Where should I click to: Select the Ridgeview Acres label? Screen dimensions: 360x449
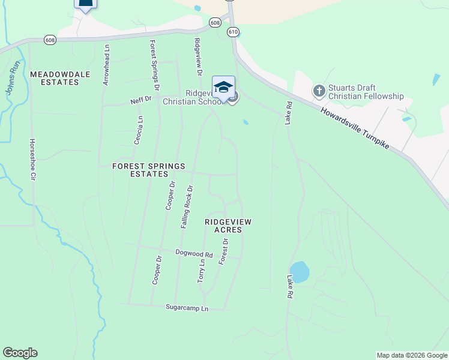click(x=228, y=226)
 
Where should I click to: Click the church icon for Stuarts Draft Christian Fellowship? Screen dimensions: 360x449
click(x=319, y=91)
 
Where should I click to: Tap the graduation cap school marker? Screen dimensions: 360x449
click(x=223, y=86)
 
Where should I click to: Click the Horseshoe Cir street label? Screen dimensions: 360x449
click(x=33, y=160)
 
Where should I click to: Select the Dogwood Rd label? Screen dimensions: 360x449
click(x=194, y=254)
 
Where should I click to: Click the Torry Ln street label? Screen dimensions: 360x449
click(x=201, y=271)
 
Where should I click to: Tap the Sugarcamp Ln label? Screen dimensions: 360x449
click(x=187, y=308)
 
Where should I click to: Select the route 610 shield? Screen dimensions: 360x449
click(x=234, y=31)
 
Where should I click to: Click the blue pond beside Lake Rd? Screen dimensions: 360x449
click(x=299, y=271)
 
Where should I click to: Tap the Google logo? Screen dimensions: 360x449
click(x=20, y=353)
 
